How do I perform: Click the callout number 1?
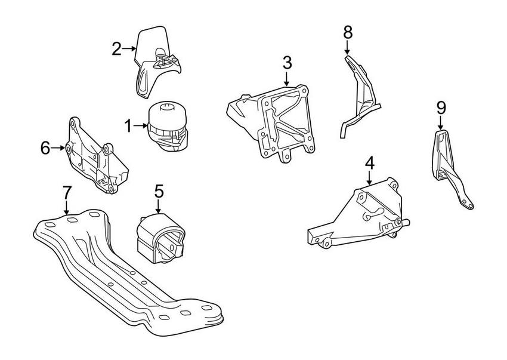[x=128, y=125]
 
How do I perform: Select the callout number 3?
[x=287, y=62]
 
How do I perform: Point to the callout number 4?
[x=369, y=162]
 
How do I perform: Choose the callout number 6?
[x=45, y=147]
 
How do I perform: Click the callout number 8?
[x=348, y=31]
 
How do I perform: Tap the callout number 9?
[x=441, y=107]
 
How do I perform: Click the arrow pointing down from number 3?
[x=287, y=78]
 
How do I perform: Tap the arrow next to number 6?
[x=59, y=147]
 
